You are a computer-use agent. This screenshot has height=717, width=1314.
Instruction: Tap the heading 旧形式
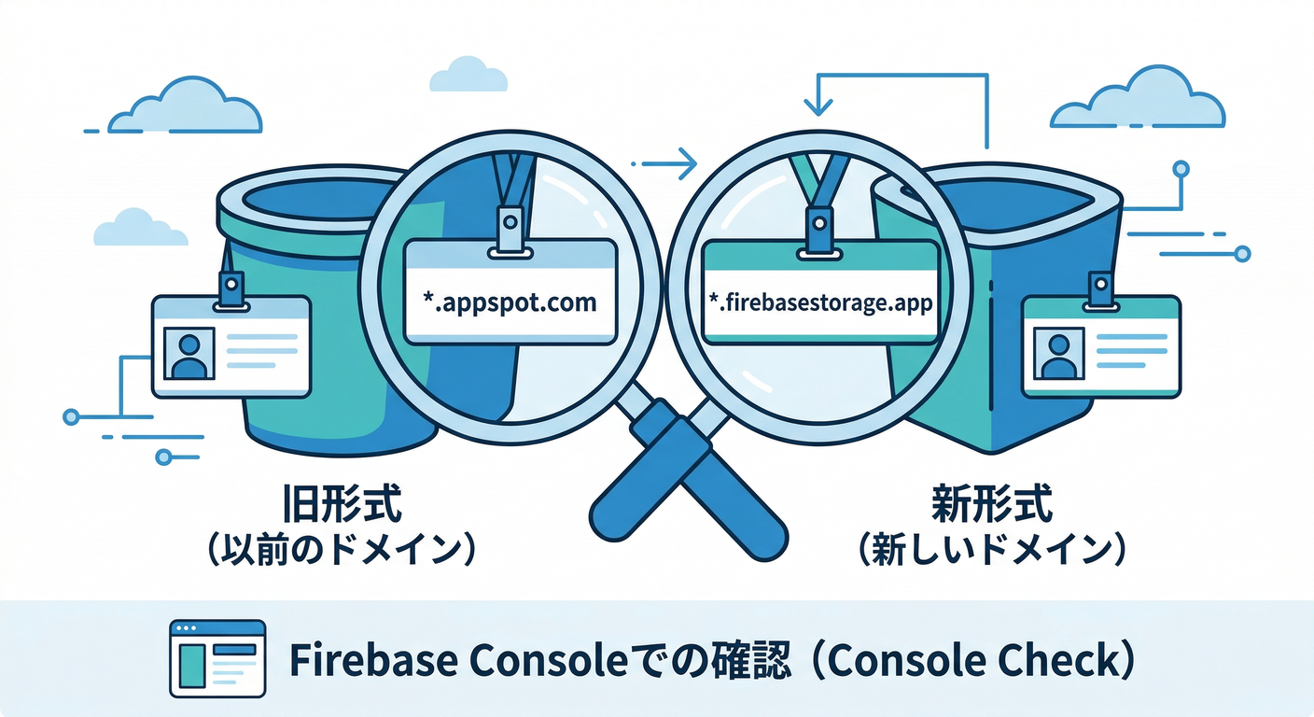click(x=342, y=508)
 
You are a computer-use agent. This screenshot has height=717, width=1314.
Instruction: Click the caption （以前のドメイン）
click(x=342, y=550)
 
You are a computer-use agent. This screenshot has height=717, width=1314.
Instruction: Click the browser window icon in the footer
click(x=217, y=659)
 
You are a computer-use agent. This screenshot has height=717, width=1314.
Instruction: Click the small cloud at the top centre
click(x=468, y=75)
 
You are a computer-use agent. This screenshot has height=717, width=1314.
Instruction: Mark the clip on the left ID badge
click(x=230, y=286)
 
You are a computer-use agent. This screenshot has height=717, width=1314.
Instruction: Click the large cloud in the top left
click(x=187, y=107)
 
